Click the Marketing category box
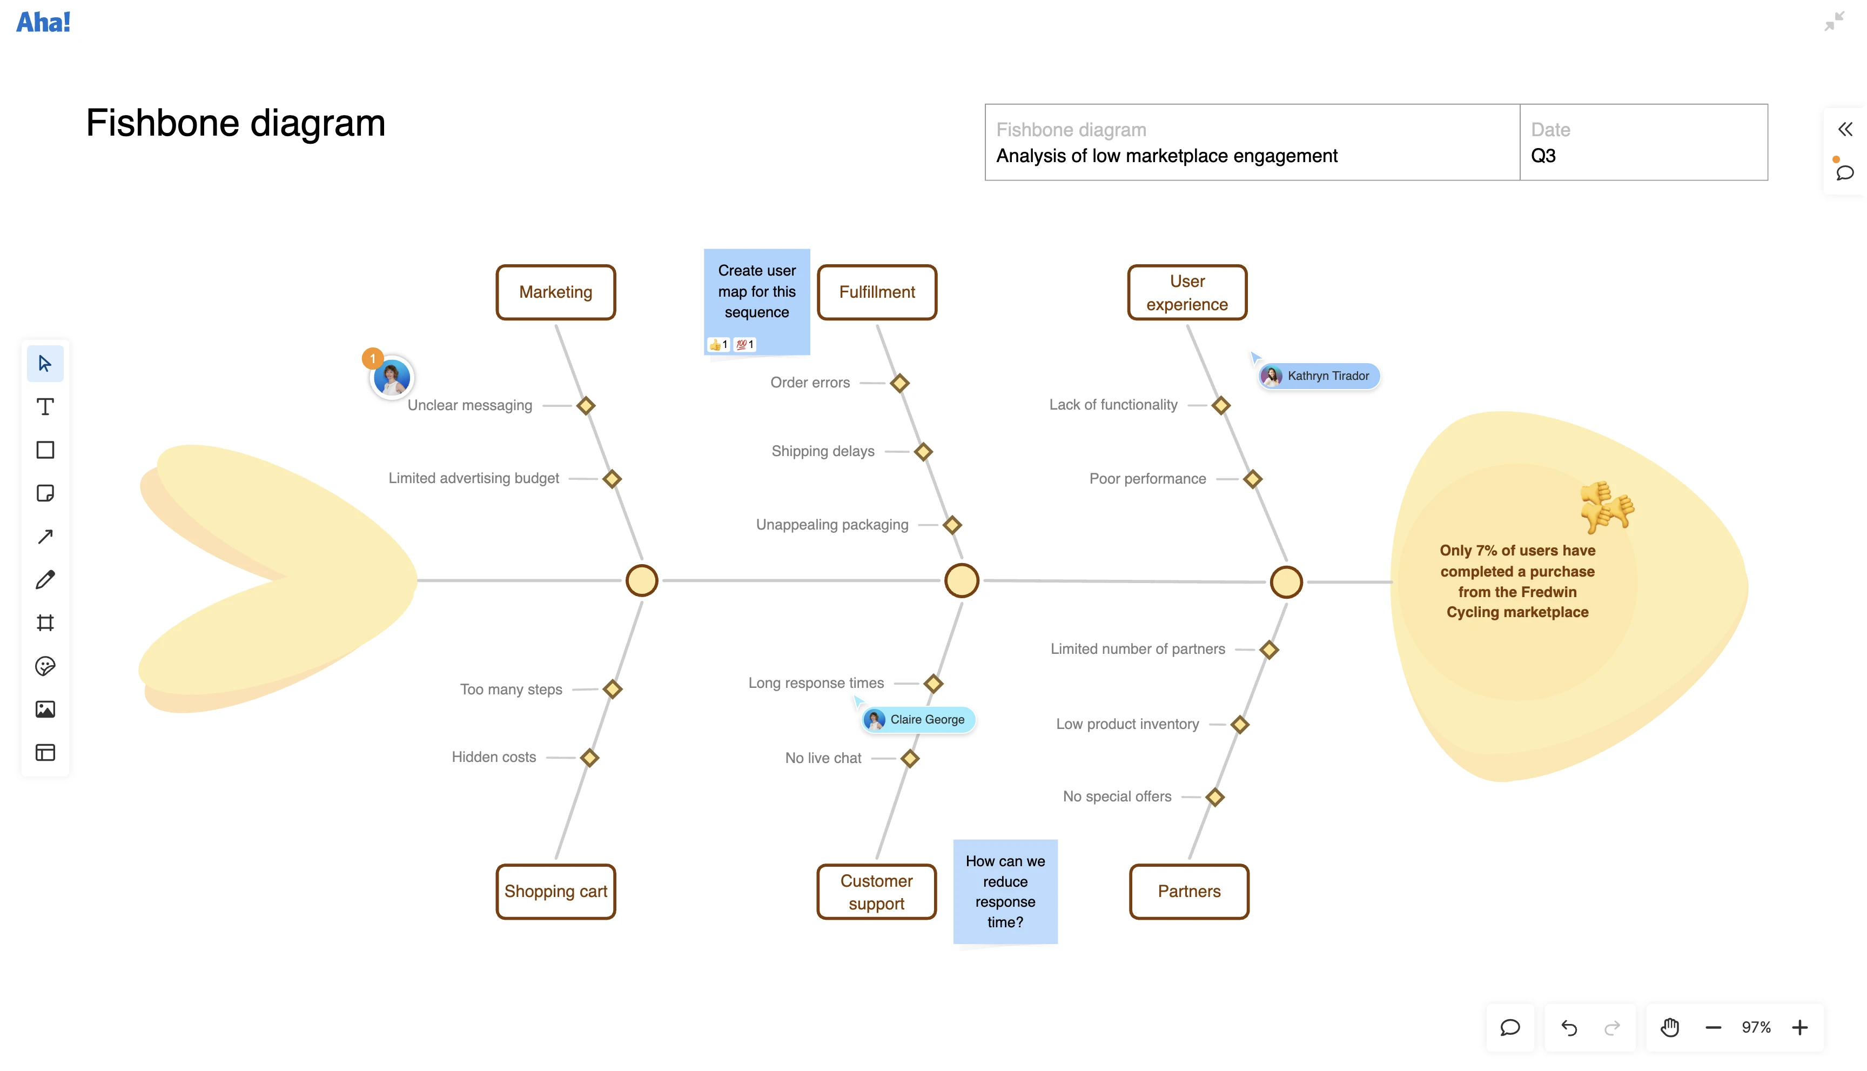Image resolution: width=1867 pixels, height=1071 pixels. (555, 292)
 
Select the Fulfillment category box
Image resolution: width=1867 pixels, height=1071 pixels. (877, 292)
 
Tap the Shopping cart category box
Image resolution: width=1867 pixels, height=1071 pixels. (555, 892)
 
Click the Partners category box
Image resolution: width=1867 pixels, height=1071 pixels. (1188, 892)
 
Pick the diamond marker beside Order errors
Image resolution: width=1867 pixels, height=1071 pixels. (899, 383)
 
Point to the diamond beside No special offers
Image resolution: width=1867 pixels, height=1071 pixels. (1215, 798)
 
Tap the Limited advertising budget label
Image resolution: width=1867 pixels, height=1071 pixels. (474, 479)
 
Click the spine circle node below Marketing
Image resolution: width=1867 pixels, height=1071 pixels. (641, 580)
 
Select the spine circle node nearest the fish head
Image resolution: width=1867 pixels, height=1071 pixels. (1286, 582)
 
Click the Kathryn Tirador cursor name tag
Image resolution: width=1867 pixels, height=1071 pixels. (1319, 376)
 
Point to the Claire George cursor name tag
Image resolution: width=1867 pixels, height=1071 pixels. (919, 719)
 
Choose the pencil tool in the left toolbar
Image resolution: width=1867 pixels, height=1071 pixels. (45, 580)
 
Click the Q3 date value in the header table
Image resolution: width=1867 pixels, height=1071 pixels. (1543, 156)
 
